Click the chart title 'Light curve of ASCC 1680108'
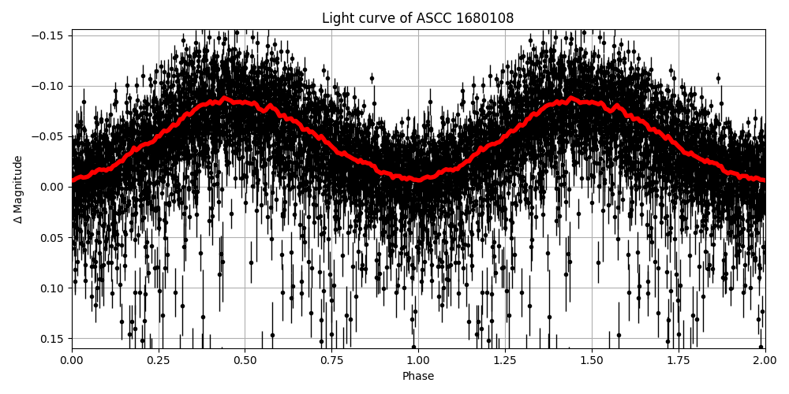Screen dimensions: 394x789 (417, 18)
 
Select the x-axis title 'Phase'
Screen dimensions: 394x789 (418, 377)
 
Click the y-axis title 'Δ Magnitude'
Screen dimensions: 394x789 (18, 189)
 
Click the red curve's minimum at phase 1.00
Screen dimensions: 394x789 (418, 180)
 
